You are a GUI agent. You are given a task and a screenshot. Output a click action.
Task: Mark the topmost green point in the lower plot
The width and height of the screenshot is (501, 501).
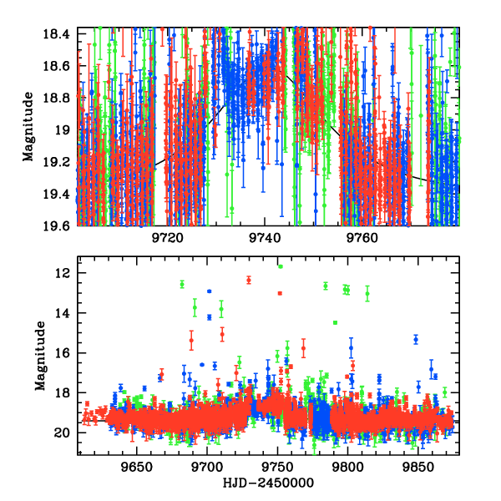281,266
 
